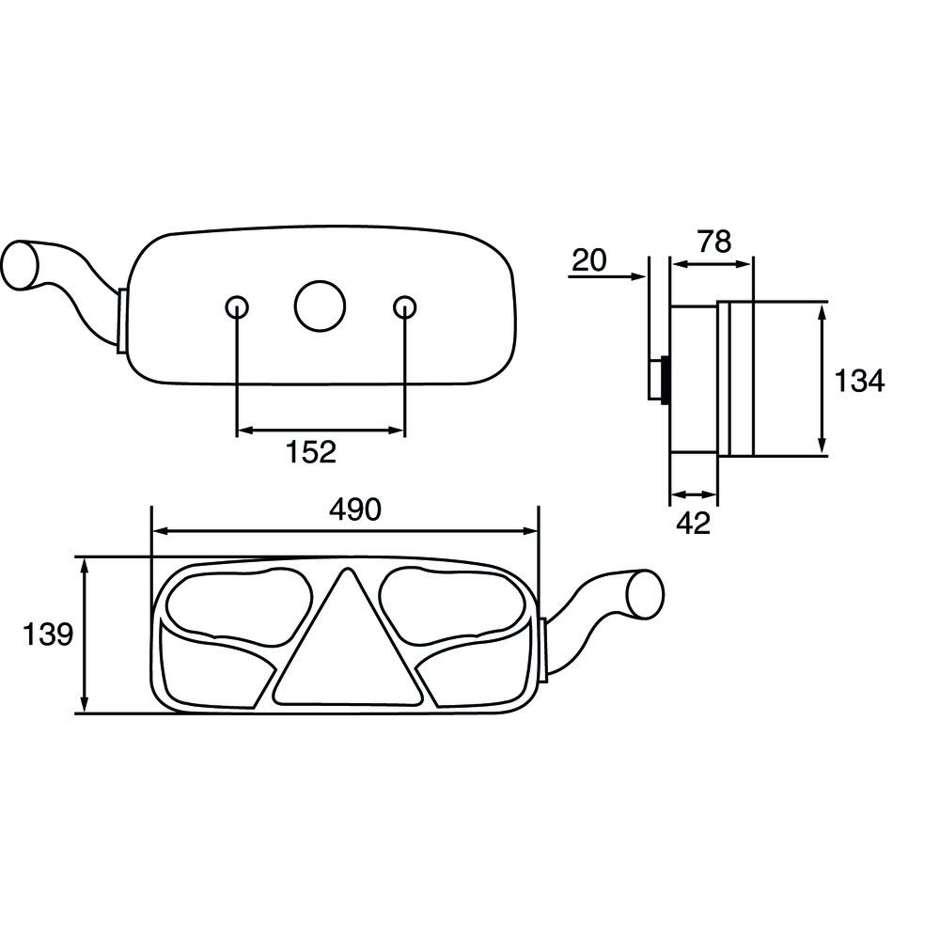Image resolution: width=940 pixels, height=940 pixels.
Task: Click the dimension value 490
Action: tap(354, 509)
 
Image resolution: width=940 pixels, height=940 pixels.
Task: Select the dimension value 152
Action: tap(310, 452)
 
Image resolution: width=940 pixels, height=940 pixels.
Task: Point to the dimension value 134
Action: tap(860, 381)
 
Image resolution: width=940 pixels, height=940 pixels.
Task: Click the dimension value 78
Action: tap(714, 242)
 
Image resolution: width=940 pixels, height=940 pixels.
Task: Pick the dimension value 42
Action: tap(694, 523)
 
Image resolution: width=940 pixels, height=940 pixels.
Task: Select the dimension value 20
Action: tap(589, 260)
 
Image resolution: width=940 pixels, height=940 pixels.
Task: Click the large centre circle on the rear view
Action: tap(320, 305)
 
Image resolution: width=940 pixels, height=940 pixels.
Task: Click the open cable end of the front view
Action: tap(646, 593)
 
